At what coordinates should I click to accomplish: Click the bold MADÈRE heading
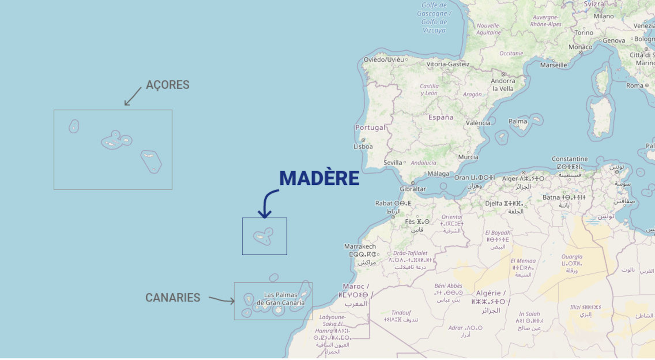click(x=319, y=178)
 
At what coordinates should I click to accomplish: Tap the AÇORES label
click(x=168, y=85)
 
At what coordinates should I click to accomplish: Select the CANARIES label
click(x=173, y=298)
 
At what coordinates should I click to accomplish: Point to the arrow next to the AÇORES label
click(x=133, y=96)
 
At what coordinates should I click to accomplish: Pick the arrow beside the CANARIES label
click(x=221, y=300)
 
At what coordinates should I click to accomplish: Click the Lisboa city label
click(x=363, y=146)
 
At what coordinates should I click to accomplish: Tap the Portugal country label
click(x=370, y=128)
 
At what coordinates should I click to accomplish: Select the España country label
click(x=441, y=118)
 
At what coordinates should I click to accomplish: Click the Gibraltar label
click(x=413, y=189)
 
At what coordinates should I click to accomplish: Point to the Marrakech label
click(x=360, y=246)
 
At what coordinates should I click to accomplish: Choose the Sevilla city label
click(x=393, y=163)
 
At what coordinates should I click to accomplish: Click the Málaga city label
click(x=438, y=173)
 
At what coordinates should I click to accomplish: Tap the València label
click(x=478, y=123)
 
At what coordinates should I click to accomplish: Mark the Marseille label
click(x=554, y=65)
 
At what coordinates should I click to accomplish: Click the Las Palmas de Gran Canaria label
click(x=280, y=299)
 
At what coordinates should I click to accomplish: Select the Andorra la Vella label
click(x=503, y=85)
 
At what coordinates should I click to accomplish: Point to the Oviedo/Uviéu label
click(x=384, y=59)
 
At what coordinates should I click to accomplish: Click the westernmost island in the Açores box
click(x=74, y=127)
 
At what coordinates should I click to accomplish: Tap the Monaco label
click(x=580, y=47)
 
